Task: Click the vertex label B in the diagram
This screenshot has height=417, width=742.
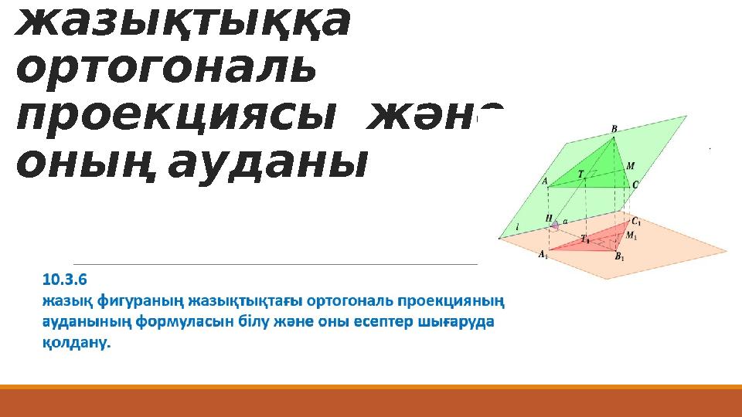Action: coord(614,129)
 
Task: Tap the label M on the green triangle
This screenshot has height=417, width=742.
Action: coord(631,165)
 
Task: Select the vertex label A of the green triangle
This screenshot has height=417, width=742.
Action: coord(544,182)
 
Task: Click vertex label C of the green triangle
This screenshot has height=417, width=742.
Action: coord(635,185)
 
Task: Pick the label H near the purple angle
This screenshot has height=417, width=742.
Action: coord(549,219)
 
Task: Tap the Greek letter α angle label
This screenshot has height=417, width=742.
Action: coord(565,221)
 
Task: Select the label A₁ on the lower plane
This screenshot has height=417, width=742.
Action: coord(544,254)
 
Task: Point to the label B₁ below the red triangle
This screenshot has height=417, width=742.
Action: coord(619,257)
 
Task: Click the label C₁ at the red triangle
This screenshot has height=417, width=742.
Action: coord(636,222)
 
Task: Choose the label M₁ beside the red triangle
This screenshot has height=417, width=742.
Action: coord(631,236)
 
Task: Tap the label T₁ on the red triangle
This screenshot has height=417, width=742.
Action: coord(585,239)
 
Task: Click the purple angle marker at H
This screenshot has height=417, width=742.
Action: coord(554,225)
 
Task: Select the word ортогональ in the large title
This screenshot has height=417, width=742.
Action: coord(166,71)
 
